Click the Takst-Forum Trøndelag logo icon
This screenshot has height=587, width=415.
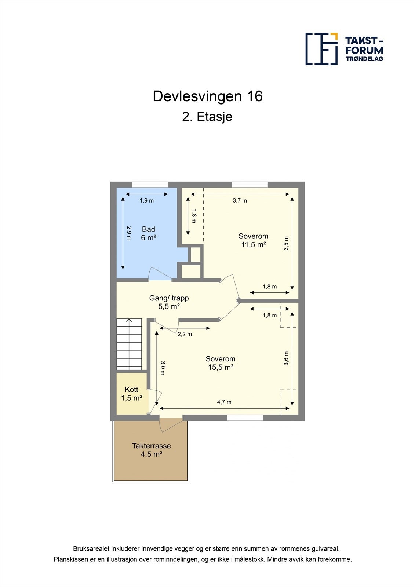pyautogui.click(x=321, y=49)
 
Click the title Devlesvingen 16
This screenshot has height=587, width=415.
pyautogui.click(x=208, y=96)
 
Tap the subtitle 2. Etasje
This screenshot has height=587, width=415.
pyautogui.click(x=207, y=117)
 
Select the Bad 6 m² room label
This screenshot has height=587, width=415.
pyautogui.click(x=149, y=233)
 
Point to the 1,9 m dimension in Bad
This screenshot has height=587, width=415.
pyautogui.click(x=147, y=201)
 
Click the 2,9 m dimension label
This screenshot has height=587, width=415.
pyautogui.click(x=129, y=233)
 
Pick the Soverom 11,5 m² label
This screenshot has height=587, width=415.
pyautogui.click(x=253, y=240)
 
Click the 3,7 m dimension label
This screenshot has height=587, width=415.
pyautogui.click(x=240, y=201)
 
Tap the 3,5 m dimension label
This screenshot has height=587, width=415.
pyautogui.click(x=286, y=243)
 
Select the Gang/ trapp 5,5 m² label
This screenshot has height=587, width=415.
pyautogui.click(x=169, y=302)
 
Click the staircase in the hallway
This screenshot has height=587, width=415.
pyautogui.click(x=129, y=344)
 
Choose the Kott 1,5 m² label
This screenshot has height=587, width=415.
pyautogui.click(x=132, y=394)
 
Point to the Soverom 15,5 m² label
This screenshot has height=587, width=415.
pyautogui.click(x=221, y=363)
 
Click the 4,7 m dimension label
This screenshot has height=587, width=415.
pyautogui.click(x=224, y=402)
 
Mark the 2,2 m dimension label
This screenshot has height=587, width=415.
pyautogui.click(x=185, y=334)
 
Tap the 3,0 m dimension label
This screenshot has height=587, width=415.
pyautogui.click(x=163, y=368)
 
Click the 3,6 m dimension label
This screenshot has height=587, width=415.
pyautogui.click(x=286, y=358)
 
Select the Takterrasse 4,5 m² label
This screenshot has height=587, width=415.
pyautogui.click(x=152, y=450)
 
